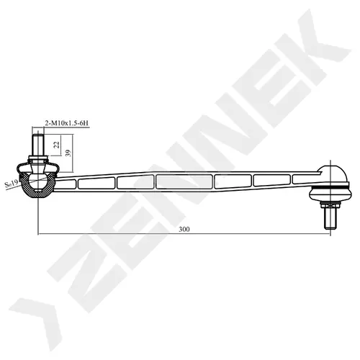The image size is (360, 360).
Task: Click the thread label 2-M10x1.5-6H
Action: [x=67, y=123]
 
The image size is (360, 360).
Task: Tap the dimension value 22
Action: [x=57, y=145]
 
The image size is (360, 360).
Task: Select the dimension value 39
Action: [x=68, y=153]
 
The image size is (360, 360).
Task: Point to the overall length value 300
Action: [x=184, y=229]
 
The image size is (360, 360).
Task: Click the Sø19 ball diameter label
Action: [x=12, y=184]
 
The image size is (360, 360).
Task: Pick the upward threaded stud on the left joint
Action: [x=38, y=145]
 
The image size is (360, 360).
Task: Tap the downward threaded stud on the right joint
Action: [x=330, y=218]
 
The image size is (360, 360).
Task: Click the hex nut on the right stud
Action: [x=330, y=205]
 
